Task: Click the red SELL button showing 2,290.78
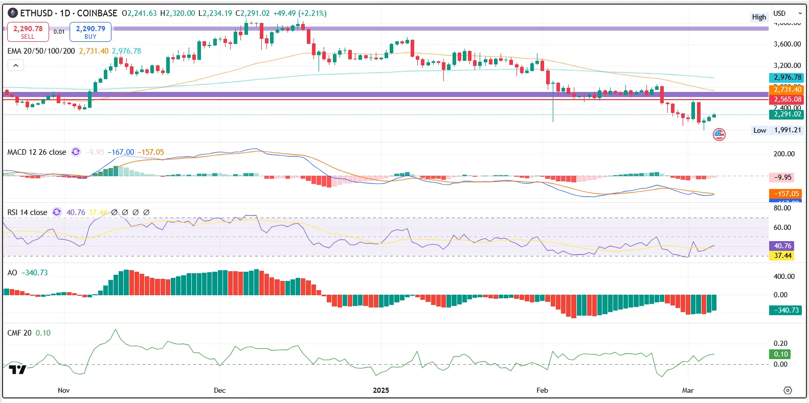coord(28,32)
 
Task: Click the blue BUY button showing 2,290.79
coord(91,32)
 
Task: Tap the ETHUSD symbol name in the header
coord(36,13)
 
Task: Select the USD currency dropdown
coord(786,13)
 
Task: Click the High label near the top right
coord(759,17)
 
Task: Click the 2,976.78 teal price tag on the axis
coord(787,78)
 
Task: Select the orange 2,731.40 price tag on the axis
coord(787,89)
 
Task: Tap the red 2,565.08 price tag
coord(787,100)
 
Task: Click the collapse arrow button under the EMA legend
coord(16,65)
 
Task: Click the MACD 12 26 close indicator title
coord(36,152)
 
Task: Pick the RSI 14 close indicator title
coord(27,212)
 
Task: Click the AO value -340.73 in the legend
coord(34,273)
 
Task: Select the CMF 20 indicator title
coord(19,333)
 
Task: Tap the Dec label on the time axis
coord(219,390)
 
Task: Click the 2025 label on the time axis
coord(380,390)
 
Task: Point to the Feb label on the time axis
coord(542,390)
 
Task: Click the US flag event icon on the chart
coord(719,134)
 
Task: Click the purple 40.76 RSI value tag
coord(782,246)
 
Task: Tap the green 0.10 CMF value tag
coord(780,354)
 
